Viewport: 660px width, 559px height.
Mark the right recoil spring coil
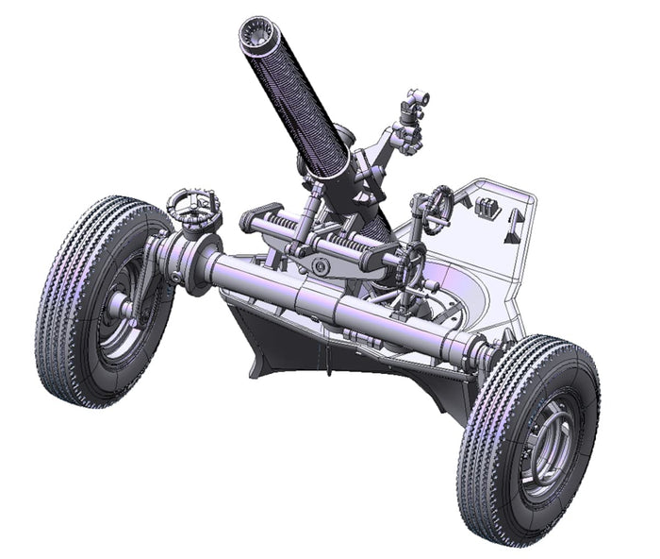point(363,251)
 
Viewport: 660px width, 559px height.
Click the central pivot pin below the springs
point(323,268)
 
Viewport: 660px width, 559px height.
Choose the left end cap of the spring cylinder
point(249,222)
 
